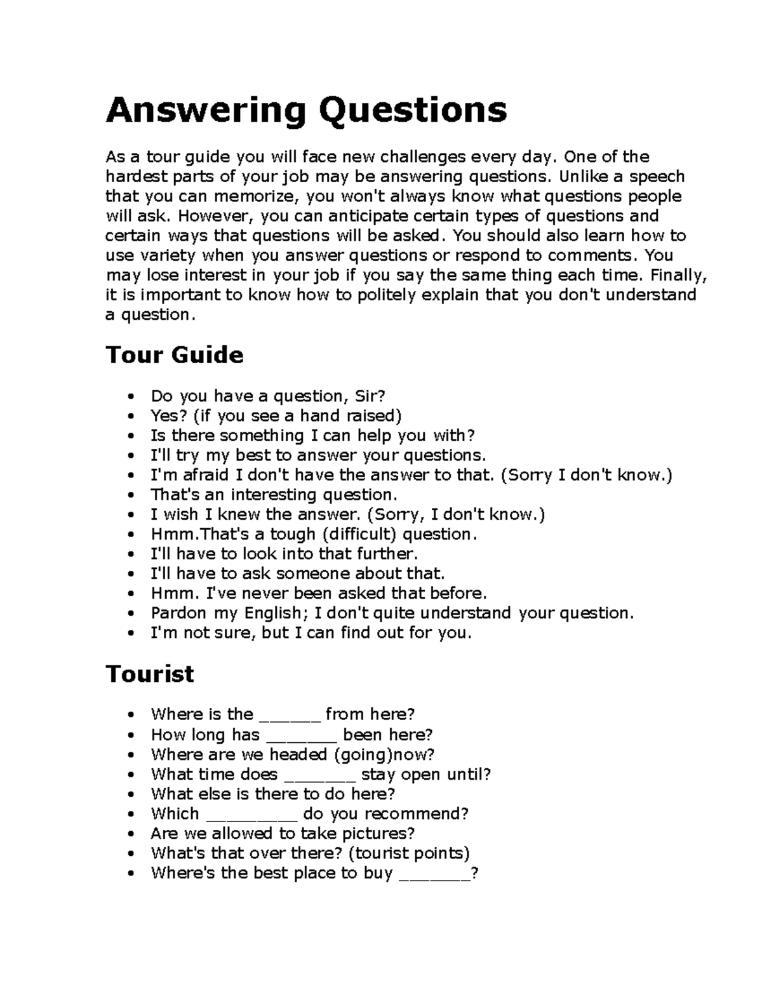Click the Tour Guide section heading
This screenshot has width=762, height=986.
(x=175, y=354)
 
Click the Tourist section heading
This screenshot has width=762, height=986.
(x=150, y=673)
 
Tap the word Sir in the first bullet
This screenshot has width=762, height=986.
(x=369, y=396)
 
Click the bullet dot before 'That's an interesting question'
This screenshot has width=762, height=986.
(x=131, y=495)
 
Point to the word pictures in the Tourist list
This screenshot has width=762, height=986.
(x=378, y=834)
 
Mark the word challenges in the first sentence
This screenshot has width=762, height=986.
(x=426, y=157)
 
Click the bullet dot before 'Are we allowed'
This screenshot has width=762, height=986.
(x=131, y=834)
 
